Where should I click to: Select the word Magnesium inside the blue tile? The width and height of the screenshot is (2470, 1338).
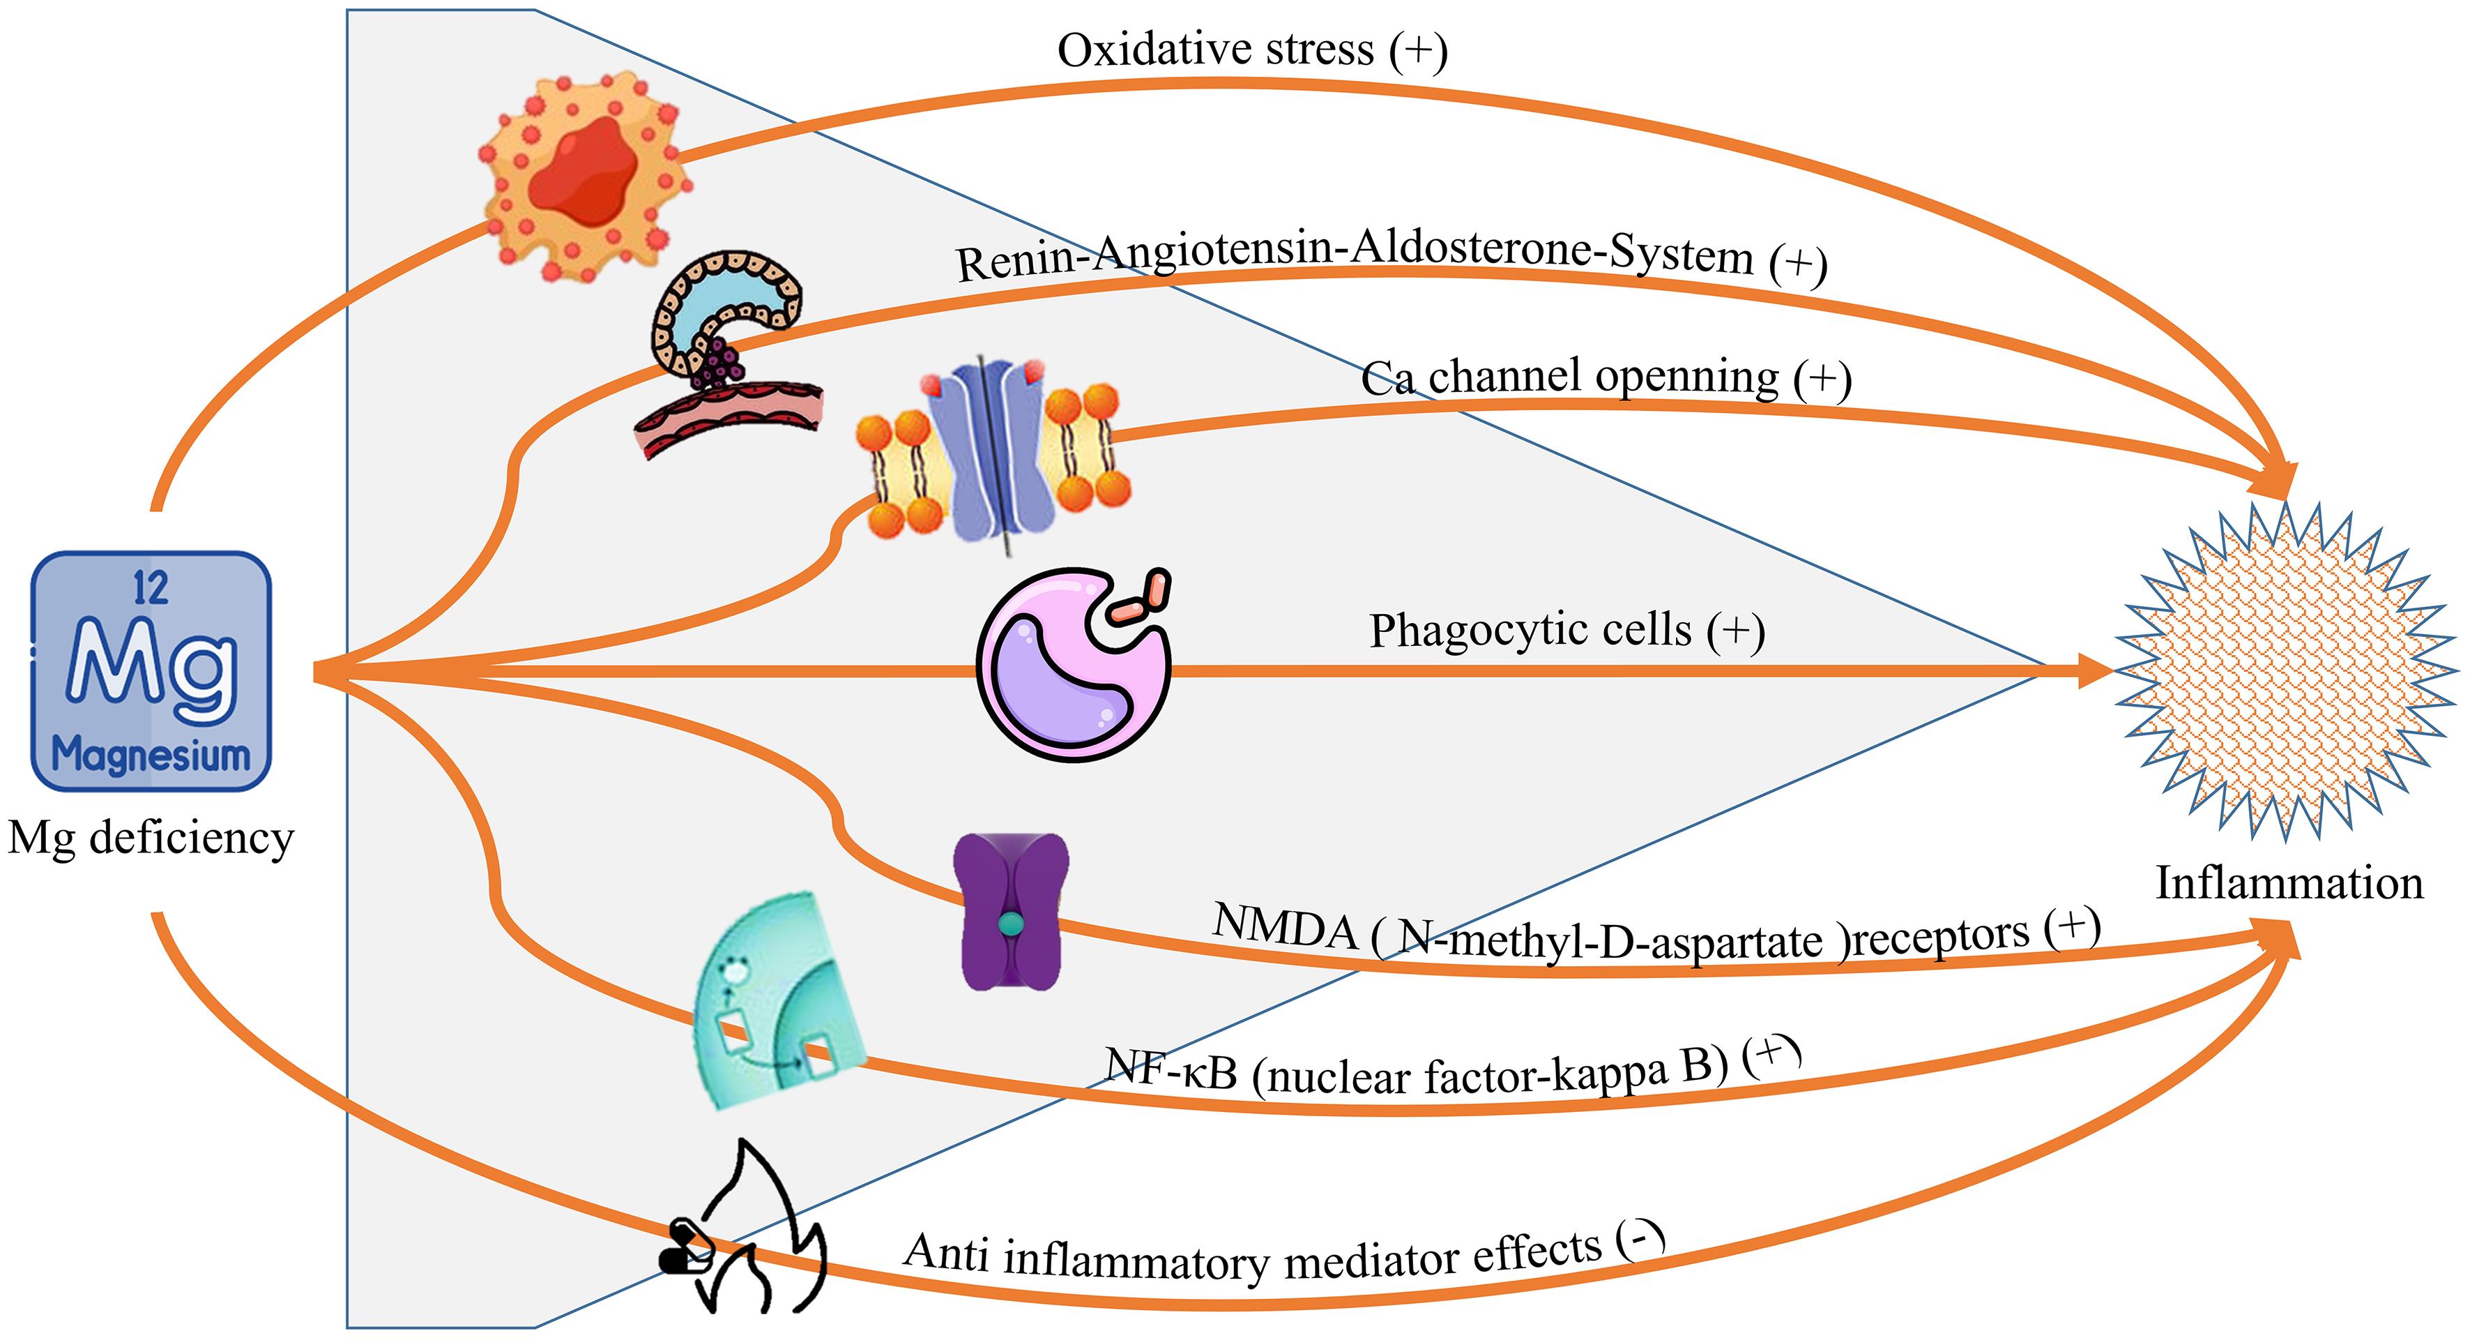[151, 756]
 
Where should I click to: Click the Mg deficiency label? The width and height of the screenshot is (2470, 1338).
[151, 837]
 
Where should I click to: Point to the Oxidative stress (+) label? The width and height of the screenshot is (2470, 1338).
[1251, 50]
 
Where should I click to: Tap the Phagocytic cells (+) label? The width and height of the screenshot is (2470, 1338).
[1566, 631]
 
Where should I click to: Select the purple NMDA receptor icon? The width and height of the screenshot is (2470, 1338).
[1012, 911]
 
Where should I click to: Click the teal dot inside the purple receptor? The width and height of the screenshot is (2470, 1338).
[1012, 924]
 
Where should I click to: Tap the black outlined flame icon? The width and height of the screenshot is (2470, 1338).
[753, 1233]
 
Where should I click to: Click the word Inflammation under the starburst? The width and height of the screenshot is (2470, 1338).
[2289, 883]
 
